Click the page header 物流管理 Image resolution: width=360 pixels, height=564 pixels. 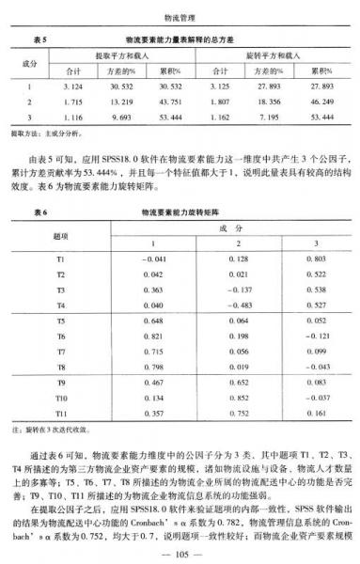pyautogui.click(x=179, y=16)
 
